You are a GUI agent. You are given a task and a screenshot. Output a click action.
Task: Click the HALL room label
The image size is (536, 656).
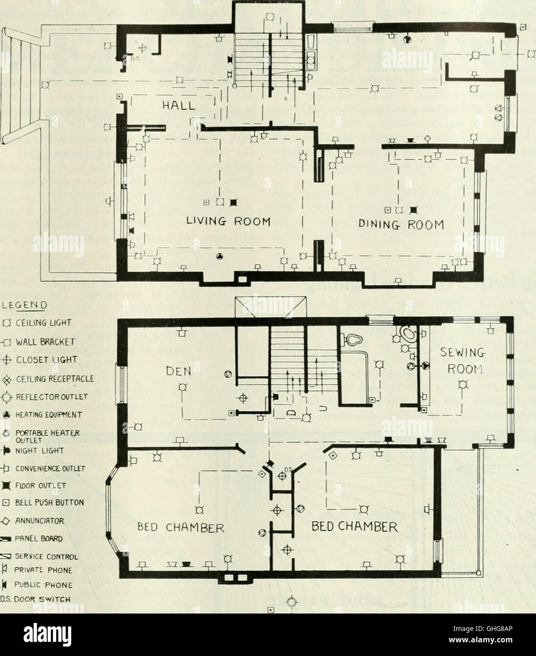tap(179, 106)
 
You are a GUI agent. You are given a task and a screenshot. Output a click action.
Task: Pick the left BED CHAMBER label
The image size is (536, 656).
tap(181, 527)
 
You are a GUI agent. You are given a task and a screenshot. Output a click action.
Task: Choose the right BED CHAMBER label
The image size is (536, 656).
tap(355, 526)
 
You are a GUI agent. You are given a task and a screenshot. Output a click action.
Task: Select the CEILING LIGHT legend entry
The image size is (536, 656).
tap(39, 323)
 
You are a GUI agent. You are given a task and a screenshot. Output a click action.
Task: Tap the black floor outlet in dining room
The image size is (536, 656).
tap(414, 209)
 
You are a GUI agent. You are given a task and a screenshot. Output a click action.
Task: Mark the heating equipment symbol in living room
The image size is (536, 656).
tap(219, 256)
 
